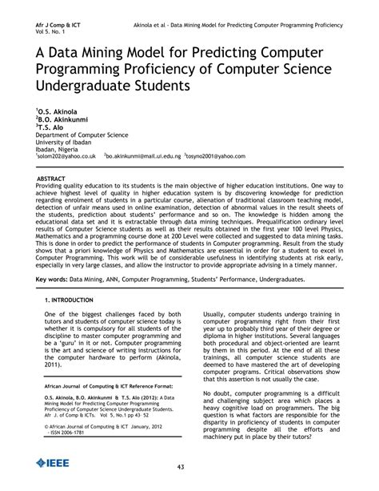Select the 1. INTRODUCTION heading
click(71, 299)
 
